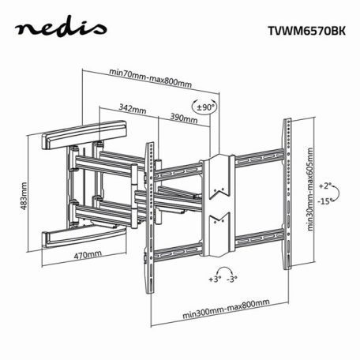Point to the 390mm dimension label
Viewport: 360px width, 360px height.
click(183, 118)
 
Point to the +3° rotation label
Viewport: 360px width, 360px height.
click(214, 279)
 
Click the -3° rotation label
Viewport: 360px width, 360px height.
click(233, 279)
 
